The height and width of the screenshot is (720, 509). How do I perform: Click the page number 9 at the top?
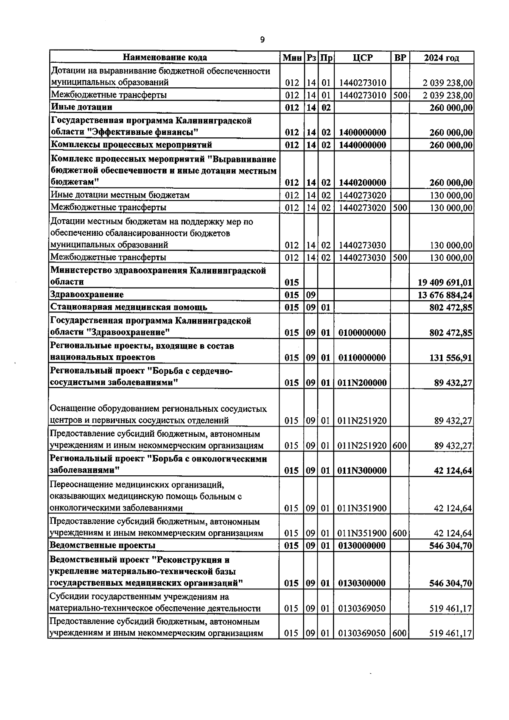(x=262, y=40)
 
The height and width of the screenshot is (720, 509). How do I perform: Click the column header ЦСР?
(x=363, y=58)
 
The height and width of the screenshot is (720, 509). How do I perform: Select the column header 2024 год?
(x=441, y=58)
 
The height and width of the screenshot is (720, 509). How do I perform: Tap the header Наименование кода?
(x=165, y=58)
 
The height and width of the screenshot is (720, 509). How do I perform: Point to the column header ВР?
(x=400, y=58)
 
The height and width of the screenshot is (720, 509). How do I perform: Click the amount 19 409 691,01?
(x=445, y=282)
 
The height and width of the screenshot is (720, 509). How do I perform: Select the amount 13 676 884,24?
(x=445, y=295)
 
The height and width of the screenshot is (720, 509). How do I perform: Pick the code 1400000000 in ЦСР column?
(x=362, y=133)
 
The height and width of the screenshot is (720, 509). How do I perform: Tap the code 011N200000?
(x=362, y=383)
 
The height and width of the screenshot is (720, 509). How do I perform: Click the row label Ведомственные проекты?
(x=103, y=545)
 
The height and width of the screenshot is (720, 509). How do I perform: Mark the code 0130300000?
(x=362, y=583)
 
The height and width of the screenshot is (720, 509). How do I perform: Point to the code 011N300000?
(x=362, y=471)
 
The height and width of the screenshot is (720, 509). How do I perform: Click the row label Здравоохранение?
(x=87, y=295)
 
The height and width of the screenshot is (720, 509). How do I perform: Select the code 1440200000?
(x=362, y=183)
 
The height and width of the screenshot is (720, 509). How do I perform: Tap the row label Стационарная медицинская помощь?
(x=129, y=307)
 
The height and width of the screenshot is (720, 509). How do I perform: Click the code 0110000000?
(x=362, y=358)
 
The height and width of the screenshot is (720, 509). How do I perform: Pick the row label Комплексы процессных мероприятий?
(x=131, y=145)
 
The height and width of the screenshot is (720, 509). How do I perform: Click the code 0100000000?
(x=362, y=333)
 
